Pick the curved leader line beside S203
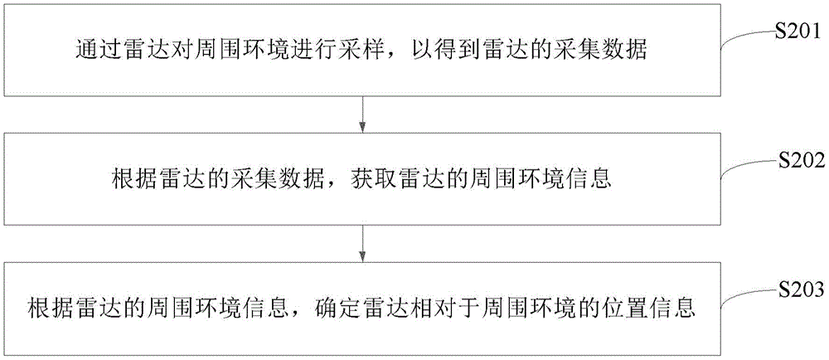(x=748, y=302)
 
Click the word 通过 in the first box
(x=89, y=50)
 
